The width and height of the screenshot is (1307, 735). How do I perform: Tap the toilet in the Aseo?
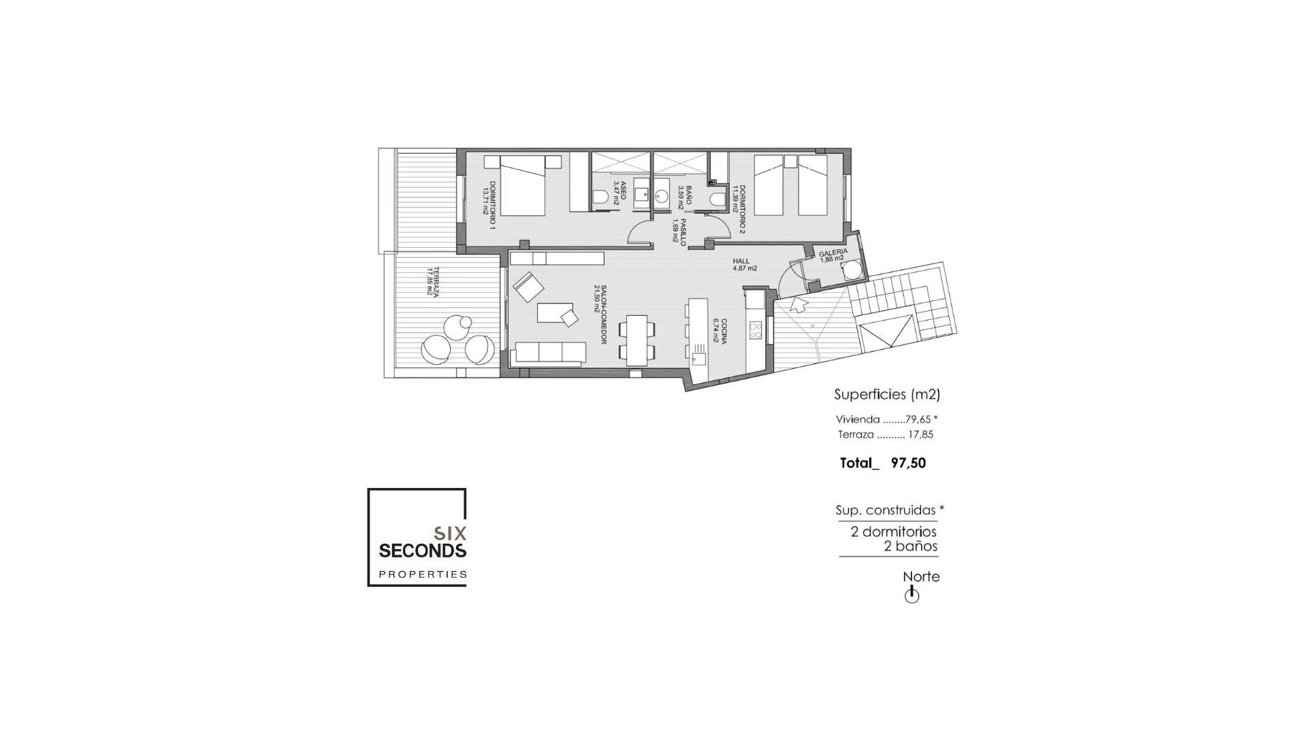click(600, 197)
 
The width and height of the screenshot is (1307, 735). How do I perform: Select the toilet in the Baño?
click(715, 199)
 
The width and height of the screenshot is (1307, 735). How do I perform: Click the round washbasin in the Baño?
click(662, 197)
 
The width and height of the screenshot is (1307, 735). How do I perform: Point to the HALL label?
click(741, 261)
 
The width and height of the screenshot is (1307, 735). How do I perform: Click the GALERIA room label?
click(833, 252)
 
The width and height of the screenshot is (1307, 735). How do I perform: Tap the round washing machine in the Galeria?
click(852, 272)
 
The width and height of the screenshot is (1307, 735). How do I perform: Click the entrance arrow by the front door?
click(798, 304)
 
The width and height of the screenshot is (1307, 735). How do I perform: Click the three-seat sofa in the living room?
click(551, 353)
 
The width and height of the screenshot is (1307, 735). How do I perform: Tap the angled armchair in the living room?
click(528, 287)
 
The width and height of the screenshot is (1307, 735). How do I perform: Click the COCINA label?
click(724, 331)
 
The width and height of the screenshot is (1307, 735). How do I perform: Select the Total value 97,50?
click(908, 463)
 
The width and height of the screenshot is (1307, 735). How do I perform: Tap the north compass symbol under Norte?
click(911, 595)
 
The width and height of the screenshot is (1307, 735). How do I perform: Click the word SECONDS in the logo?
click(422, 550)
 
